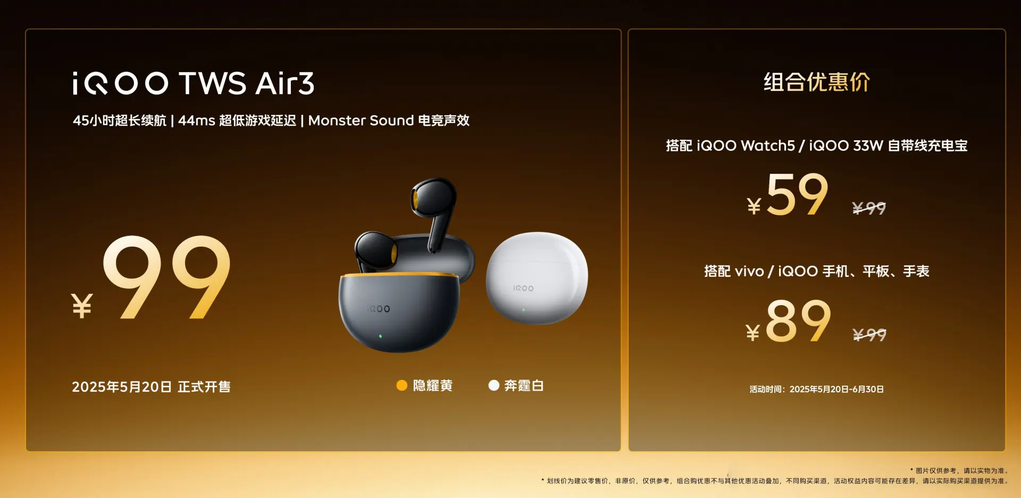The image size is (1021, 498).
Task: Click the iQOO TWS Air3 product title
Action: (x=194, y=83)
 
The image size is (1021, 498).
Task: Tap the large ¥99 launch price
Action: (x=151, y=277)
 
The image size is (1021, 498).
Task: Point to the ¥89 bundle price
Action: (x=788, y=320)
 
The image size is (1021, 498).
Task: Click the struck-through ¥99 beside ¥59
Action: (x=869, y=208)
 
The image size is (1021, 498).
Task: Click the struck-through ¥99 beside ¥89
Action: (x=869, y=334)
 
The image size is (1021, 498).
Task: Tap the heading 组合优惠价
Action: (x=817, y=82)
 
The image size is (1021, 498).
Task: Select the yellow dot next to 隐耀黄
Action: (x=402, y=385)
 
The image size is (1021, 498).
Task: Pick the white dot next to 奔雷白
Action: (x=493, y=385)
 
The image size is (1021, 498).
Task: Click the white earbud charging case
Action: (x=537, y=277)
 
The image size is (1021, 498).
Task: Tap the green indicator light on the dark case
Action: (x=380, y=336)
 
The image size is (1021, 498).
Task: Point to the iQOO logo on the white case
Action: (x=523, y=288)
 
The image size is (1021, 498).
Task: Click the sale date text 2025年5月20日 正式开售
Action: (x=151, y=386)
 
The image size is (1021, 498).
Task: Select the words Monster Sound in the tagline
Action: (x=361, y=121)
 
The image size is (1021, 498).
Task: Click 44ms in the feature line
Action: (x=197, y=121)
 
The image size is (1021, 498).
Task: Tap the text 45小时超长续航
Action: (x=120, y=121)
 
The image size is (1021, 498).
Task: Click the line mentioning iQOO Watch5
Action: (x=817, y=146)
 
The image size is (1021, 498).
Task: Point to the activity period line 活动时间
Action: (x=817, y=389)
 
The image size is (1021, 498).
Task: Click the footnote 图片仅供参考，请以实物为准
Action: (x=959, y=470)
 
